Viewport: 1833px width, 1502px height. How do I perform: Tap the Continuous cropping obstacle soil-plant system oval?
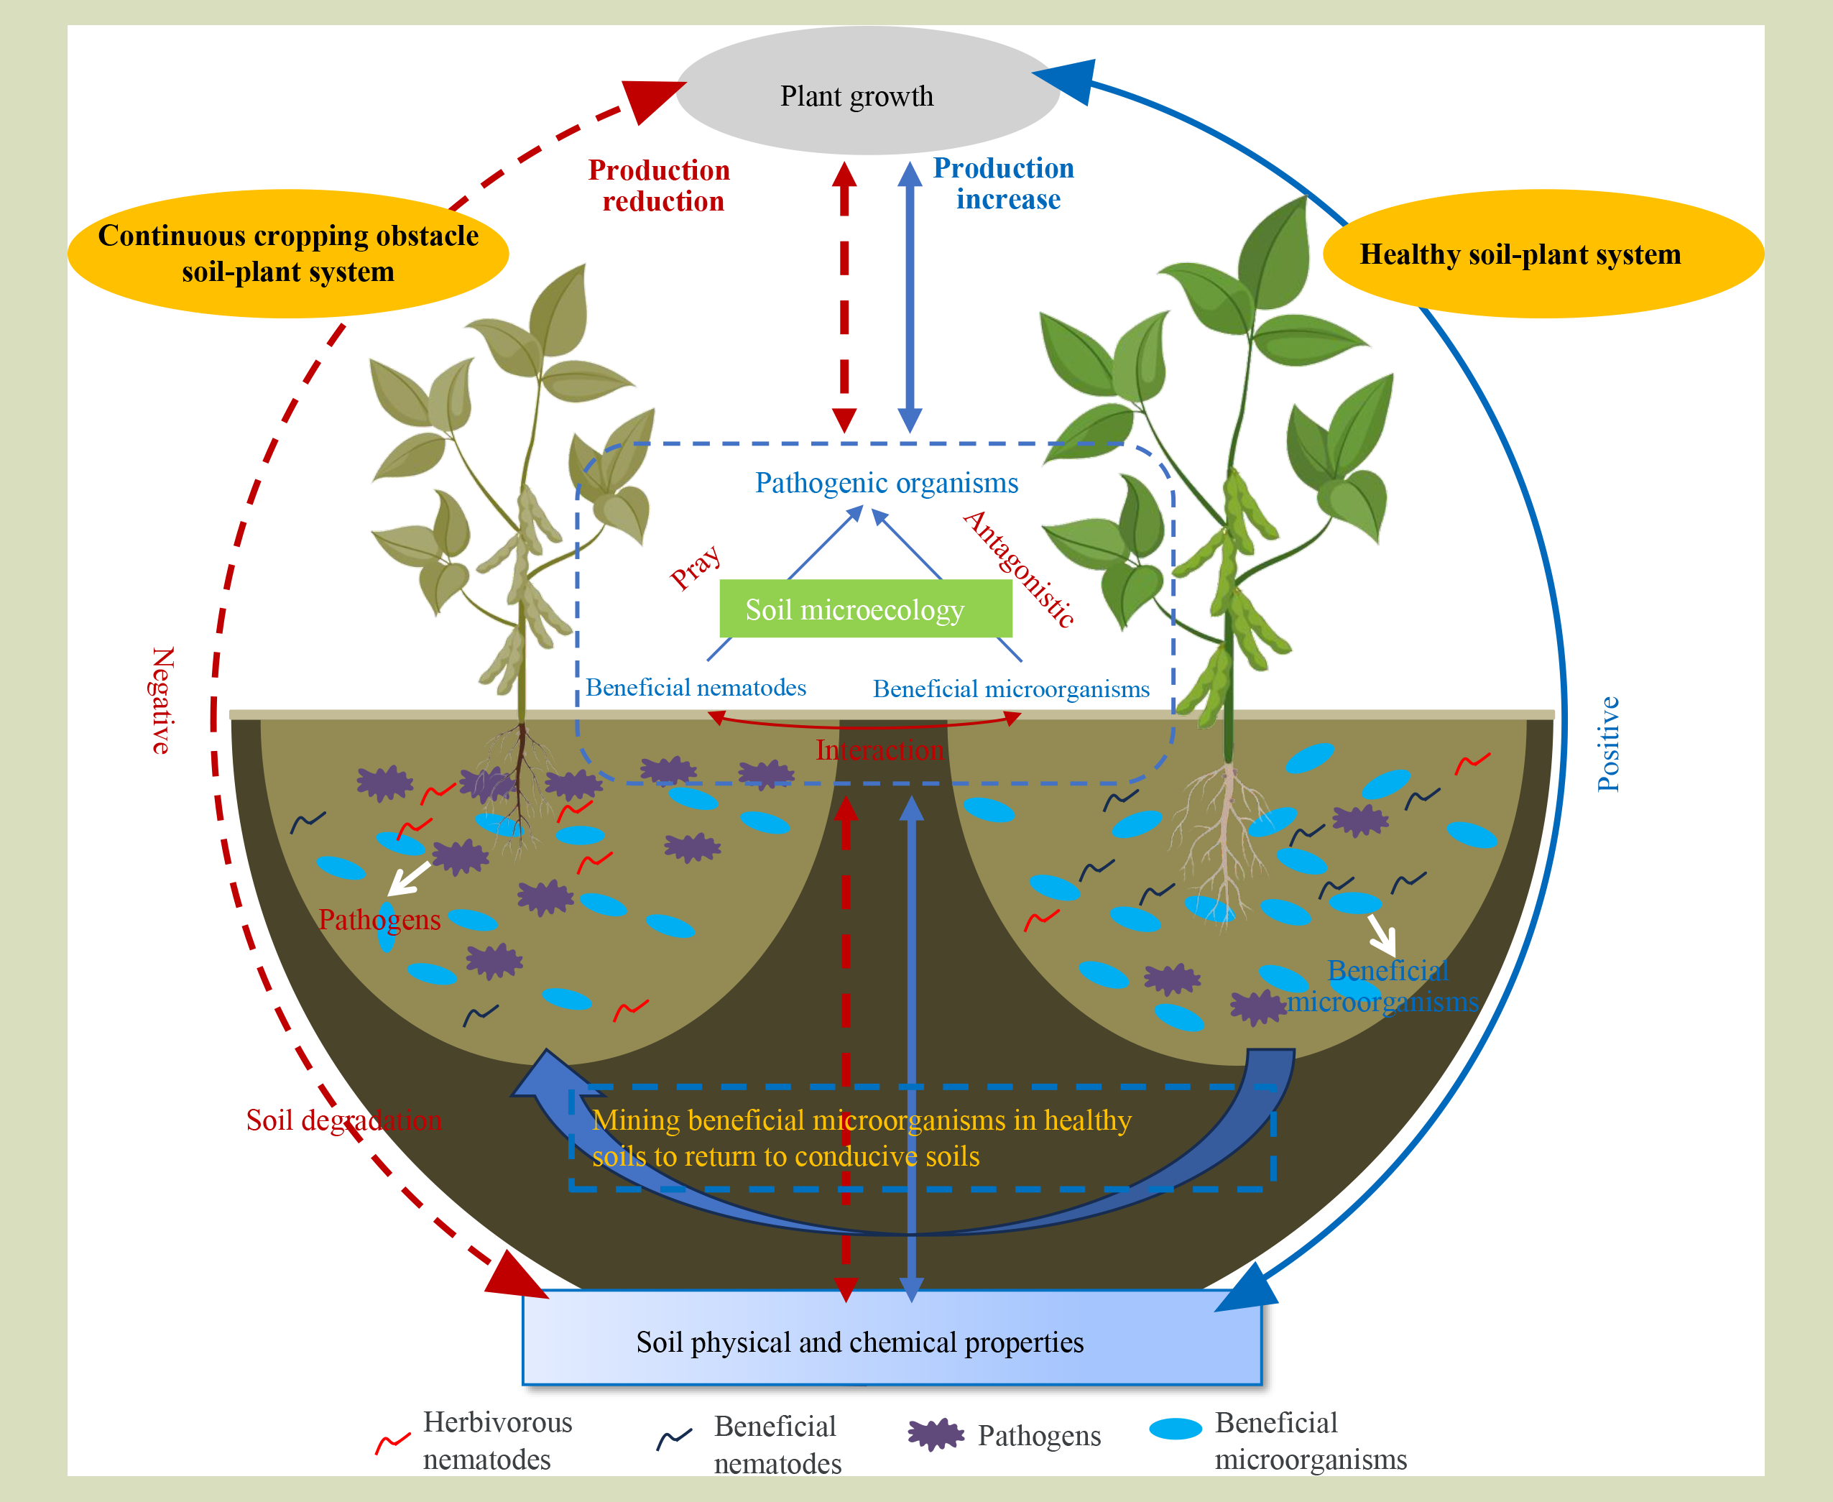click(288, 254)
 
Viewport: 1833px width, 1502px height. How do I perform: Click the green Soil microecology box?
click(865, 609)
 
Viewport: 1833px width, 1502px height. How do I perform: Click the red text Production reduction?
click(660, 185)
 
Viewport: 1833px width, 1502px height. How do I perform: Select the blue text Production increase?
click(1005, 183)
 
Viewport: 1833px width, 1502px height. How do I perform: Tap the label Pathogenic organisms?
click(886, 483)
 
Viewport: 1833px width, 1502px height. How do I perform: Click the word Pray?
click(696, 567)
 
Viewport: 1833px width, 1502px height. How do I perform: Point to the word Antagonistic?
click(1020, 568)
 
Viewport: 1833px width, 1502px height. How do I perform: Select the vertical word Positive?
click(1608, 743)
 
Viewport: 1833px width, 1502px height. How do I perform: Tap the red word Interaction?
click(879, 750)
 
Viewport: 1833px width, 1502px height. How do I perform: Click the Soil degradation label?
click(343, 1120)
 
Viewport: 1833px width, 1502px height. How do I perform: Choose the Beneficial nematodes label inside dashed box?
click(696, 687)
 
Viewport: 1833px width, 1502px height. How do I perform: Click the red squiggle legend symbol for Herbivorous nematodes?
click(392, 1442)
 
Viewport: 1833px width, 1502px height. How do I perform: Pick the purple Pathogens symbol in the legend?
click(936, 1434)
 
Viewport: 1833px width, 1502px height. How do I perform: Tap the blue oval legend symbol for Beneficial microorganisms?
click(1176, 1429)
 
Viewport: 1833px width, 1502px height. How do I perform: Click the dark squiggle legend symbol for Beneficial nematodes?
click(674, 1438)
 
